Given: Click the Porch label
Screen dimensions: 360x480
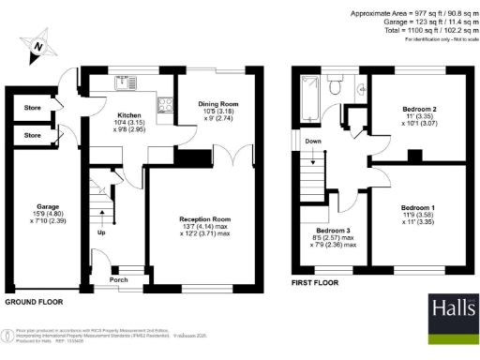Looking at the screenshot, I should click(119, 279).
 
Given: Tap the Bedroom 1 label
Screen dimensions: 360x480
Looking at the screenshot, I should click(418, 207).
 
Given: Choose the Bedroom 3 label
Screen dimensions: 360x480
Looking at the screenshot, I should click(332, 230).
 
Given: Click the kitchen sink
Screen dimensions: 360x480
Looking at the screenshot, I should click(124, 85).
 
